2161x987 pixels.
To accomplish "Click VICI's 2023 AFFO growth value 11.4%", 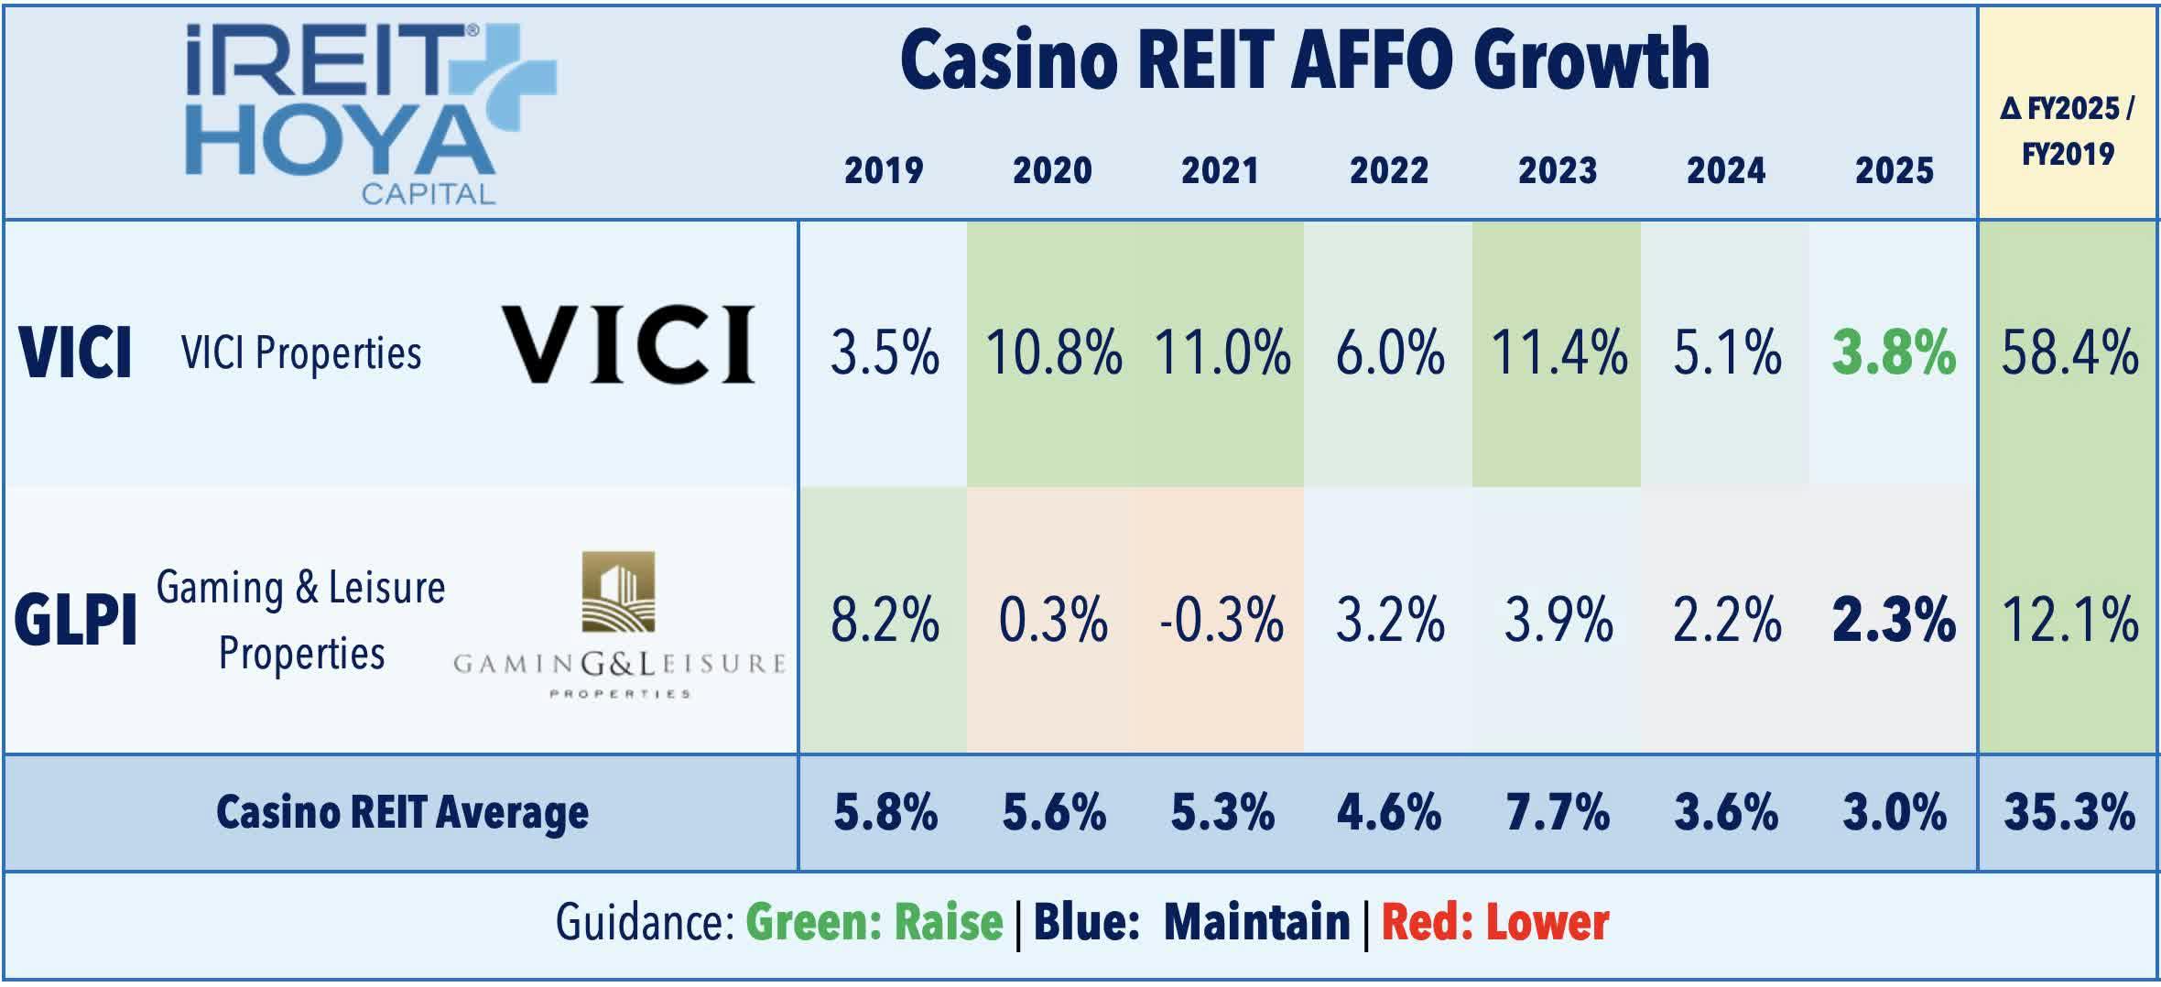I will (1558, 353).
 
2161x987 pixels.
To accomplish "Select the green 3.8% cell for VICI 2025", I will (1894, 353).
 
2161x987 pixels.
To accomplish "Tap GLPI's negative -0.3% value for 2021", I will (1222, 621).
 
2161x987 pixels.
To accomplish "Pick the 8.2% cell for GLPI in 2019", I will (885, 621).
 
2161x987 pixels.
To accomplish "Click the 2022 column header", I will (1389, 171).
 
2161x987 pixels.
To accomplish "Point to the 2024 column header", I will (1726, 171).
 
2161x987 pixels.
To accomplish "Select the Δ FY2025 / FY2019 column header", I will (2068, 131).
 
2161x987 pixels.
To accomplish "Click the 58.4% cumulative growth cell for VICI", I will (2069, 353).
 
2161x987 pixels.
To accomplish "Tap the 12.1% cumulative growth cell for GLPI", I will (2069, 621).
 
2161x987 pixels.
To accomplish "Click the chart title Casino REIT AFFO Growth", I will (1305, 60).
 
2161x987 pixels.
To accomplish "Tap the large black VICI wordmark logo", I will (629, 344).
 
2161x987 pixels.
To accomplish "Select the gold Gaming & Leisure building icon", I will (619, 592).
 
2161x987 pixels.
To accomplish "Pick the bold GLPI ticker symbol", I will (75, 621).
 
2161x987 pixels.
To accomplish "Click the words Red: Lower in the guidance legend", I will (1494, 923).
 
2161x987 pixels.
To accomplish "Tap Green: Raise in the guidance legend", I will (874, 923).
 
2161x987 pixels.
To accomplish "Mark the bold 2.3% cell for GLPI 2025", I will (1894, 621).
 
